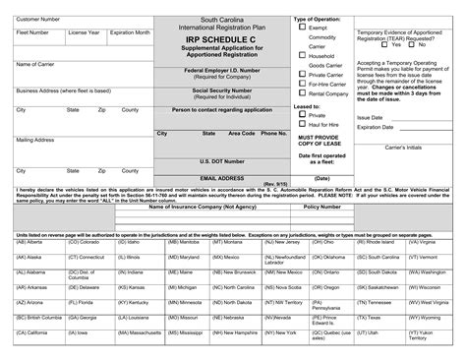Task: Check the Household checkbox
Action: click(x=302, y=55)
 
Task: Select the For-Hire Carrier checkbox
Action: click(x=302, y=83)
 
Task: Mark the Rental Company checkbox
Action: click(x=302, y=92)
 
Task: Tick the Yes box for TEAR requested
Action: click(x=383, y=44)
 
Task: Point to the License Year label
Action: click(x=84, y=32)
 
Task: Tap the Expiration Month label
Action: click(x=129, y=32)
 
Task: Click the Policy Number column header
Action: click(x=322, y=208)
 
